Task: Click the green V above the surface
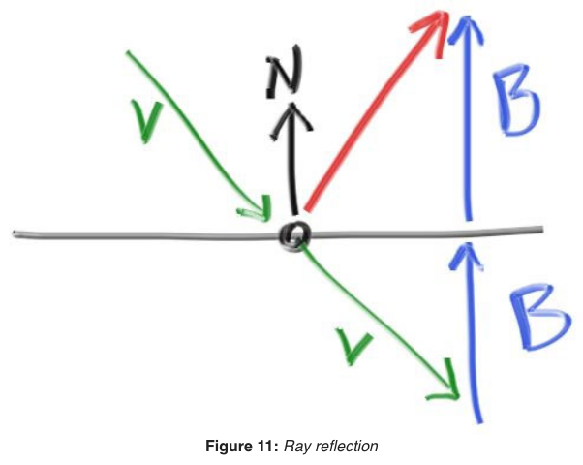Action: (146, 121)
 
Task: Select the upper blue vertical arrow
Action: (469, 116)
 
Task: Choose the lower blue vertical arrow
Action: (473, 329)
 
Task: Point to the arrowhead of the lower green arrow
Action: (447, 383)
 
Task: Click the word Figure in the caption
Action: (230, 447)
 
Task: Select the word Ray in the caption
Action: (297, 447)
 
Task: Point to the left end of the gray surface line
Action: (15, 232)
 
